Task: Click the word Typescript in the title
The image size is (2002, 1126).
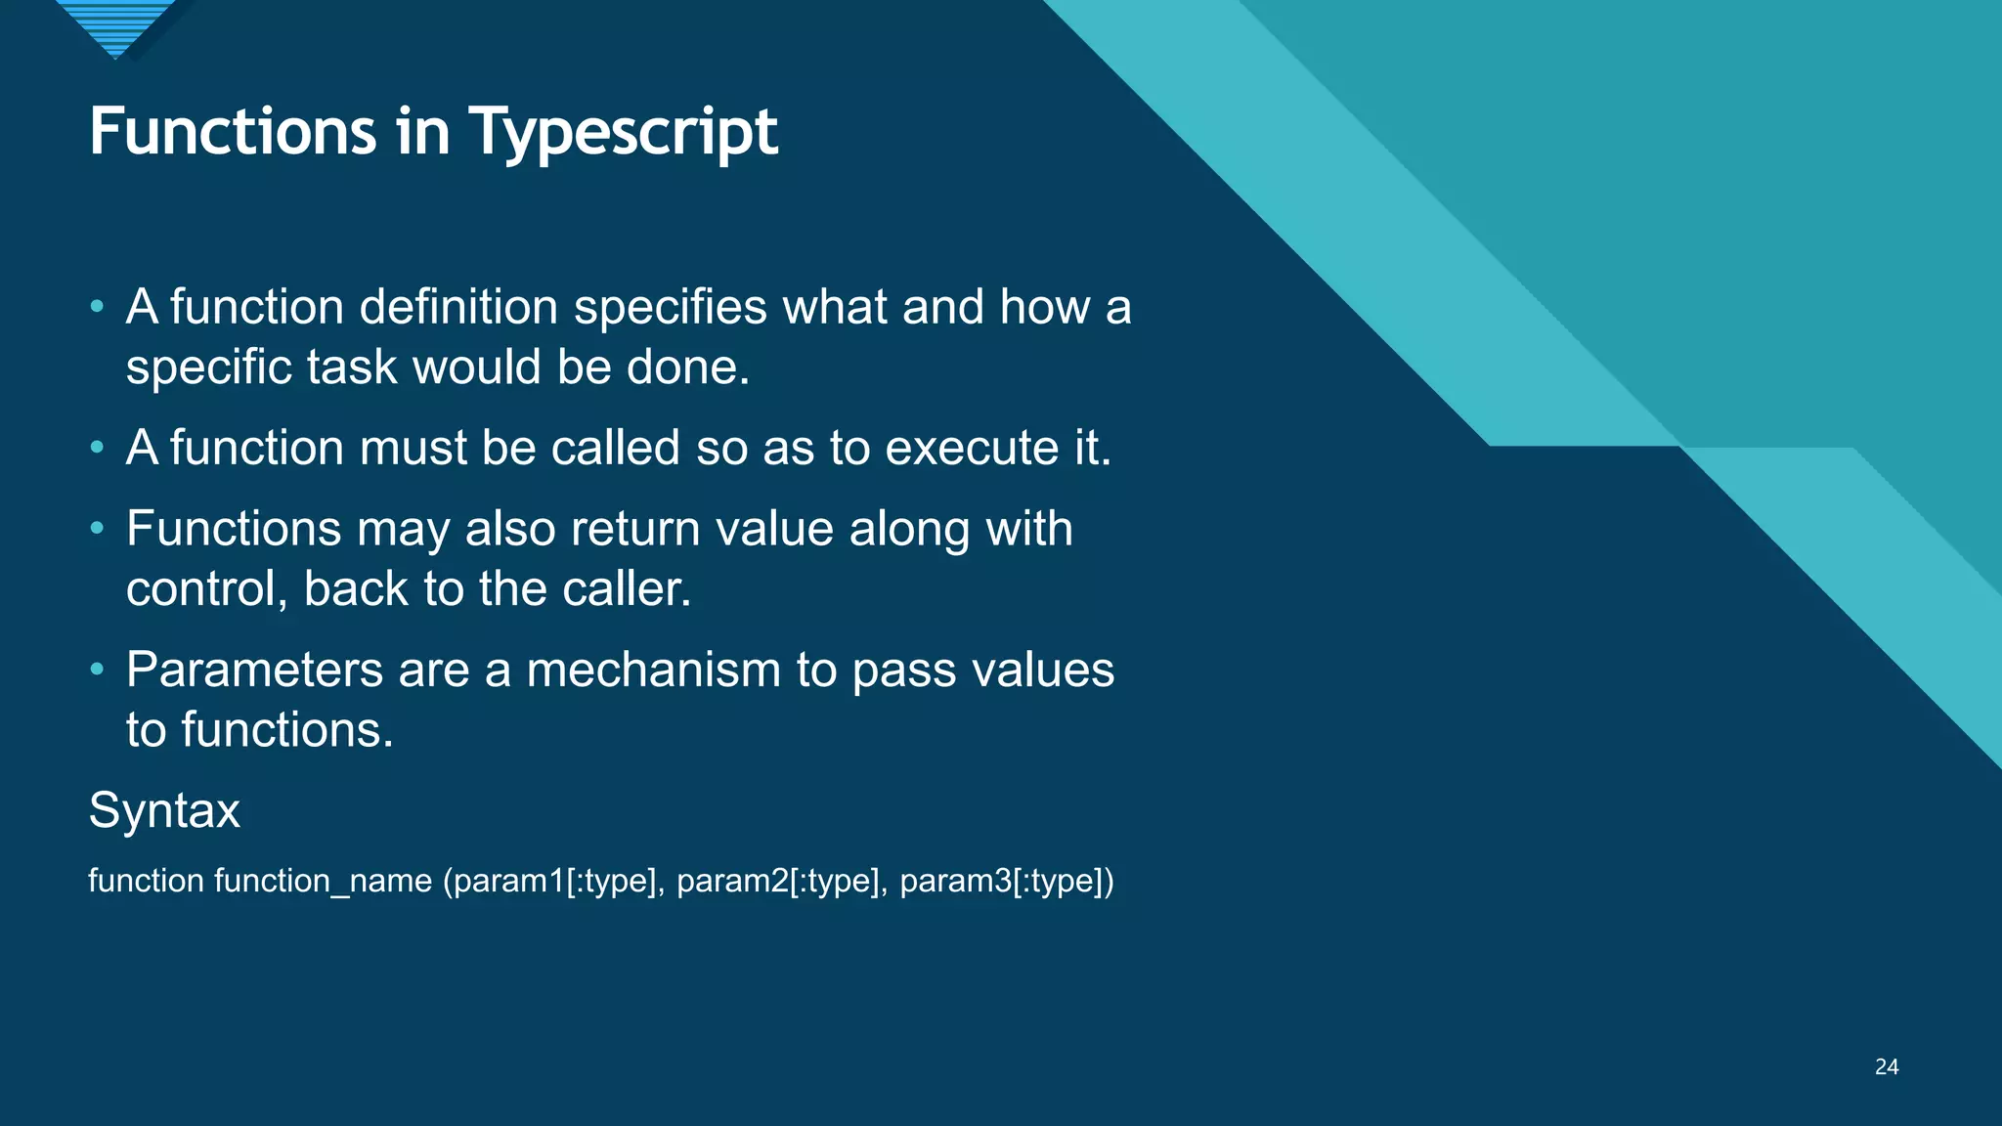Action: click(623, 133)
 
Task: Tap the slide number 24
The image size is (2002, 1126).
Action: click(1887, 1067)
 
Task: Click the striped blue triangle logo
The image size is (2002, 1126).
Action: click(115, 27)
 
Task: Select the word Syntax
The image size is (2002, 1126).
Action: click(164, 810)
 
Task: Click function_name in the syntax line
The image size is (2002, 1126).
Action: click(323, 881)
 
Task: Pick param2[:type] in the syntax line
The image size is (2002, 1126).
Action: click(778, 881)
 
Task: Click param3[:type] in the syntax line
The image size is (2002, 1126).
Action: click(1006, 881)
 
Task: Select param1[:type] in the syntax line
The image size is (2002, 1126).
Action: click(553, 881)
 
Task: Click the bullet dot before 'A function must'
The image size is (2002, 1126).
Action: click(97, 449)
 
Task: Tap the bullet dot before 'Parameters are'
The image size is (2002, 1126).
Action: click(97, 671)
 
